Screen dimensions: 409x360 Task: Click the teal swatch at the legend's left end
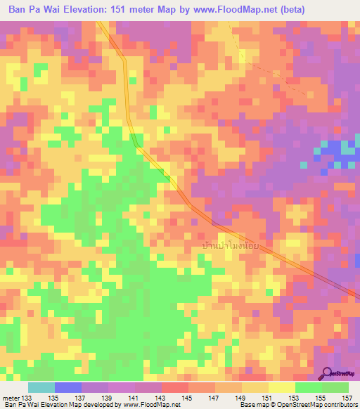pyautogui.click(x=41, y=387)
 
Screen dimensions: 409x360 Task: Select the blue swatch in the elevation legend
pyautogui.click(x=67, y=387)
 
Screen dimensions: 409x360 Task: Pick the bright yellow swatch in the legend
pyautogui.click(x=281, y=387)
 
